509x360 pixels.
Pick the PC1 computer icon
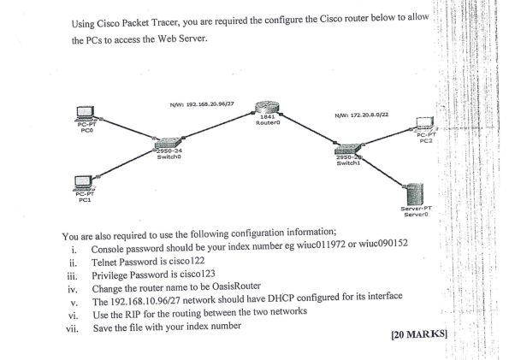pyautogui.click(x=85, y=183)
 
